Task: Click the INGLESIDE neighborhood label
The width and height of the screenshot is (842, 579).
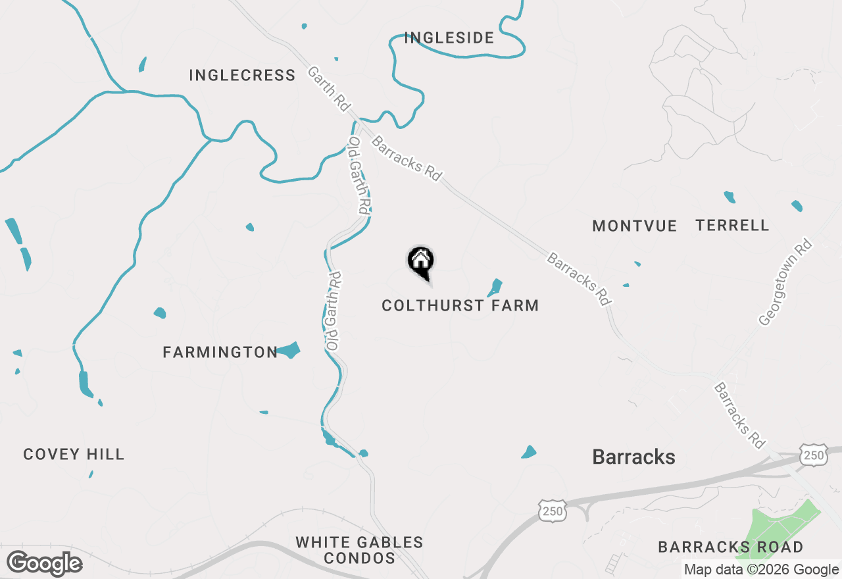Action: (449, 38)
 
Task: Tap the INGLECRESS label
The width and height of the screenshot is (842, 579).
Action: (242, 76)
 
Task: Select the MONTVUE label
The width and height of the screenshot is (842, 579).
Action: (634, 226)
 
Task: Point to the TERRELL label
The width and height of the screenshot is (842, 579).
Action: (732, 226)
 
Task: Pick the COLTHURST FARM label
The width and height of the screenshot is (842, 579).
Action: (460, 306)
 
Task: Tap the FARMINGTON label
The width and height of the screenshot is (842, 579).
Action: (220, 353)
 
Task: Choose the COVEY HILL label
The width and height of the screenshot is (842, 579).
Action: (74, 455)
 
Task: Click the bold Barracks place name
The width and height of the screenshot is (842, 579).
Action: (633, 457)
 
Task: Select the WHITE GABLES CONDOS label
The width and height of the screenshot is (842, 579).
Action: (359, 551)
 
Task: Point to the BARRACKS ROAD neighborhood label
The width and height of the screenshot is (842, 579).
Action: (730, 547)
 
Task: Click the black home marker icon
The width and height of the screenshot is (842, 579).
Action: (420, 262)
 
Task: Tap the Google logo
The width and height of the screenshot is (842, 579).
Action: (44, 563)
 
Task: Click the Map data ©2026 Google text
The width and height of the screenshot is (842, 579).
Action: (761, 570)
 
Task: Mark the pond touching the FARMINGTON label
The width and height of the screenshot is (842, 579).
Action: (289, 350)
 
